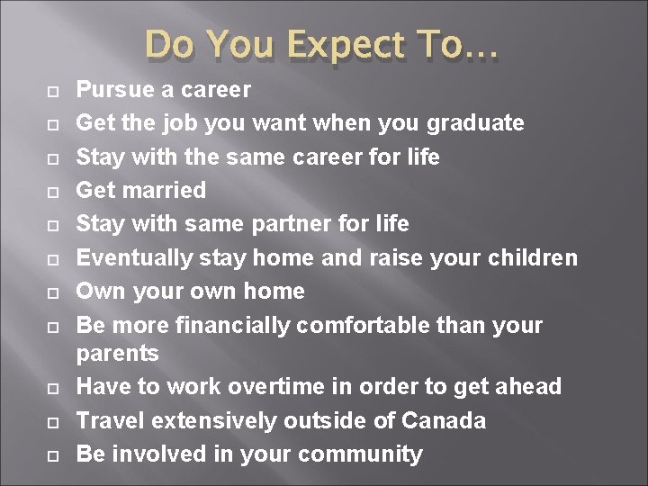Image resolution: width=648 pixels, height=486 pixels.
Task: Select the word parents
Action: click(x=117, y=354)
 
